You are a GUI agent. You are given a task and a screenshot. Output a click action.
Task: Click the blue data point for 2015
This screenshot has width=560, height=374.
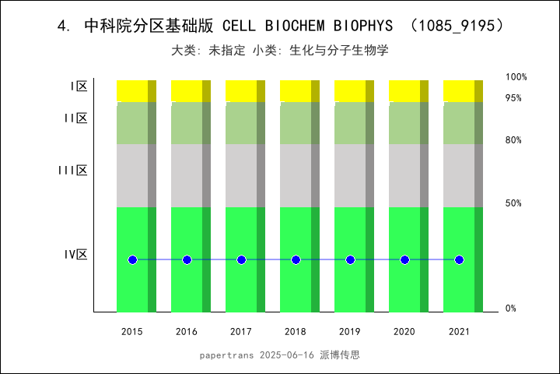[x=132, y=259]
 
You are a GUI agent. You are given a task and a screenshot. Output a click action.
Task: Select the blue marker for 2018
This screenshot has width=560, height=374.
[x=296, y=259]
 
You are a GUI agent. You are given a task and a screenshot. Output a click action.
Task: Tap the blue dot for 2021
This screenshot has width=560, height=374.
[x=459, y=259]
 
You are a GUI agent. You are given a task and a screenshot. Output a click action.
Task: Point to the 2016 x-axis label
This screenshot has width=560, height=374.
[x=187, y=332]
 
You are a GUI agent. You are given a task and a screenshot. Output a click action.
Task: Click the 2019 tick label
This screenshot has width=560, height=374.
[x=350, y=332]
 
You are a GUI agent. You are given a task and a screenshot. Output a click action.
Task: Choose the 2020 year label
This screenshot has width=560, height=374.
[x=404, y=332]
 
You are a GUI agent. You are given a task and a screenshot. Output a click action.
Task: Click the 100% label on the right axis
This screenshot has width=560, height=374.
[x=516, y=77]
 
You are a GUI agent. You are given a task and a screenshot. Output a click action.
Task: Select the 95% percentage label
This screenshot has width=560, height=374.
[x=513, y=98]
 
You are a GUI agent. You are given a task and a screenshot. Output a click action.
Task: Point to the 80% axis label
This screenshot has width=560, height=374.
[x=513, y=140]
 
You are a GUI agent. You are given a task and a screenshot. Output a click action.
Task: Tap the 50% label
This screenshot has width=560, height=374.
[x=513, y=203]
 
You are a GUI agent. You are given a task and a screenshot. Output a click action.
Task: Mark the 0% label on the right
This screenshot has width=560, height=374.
[x=510, y=309]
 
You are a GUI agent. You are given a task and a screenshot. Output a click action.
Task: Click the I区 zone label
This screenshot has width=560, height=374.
[x=79, y=86]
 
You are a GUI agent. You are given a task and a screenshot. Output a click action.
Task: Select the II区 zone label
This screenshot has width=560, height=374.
[x=75, y=118]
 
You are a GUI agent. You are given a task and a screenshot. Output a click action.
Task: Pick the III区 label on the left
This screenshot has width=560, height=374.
[x=73, y=170]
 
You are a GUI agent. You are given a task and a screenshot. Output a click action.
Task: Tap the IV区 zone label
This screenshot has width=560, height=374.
[x=76, y=254]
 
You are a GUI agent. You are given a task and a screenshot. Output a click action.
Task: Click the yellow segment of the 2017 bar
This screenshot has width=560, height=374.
[x=241, y=90]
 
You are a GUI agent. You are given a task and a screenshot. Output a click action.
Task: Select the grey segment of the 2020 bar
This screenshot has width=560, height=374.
[x=404, y=175]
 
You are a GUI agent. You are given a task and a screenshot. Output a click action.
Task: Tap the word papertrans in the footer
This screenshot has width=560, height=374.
[x=226, y=355]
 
